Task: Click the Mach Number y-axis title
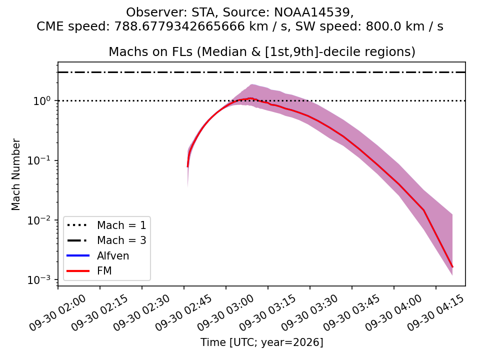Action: [15, 174]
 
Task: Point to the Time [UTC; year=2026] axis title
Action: [261, 342]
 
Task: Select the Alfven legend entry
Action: [98, 255]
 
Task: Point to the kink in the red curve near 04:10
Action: [424, 210]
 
